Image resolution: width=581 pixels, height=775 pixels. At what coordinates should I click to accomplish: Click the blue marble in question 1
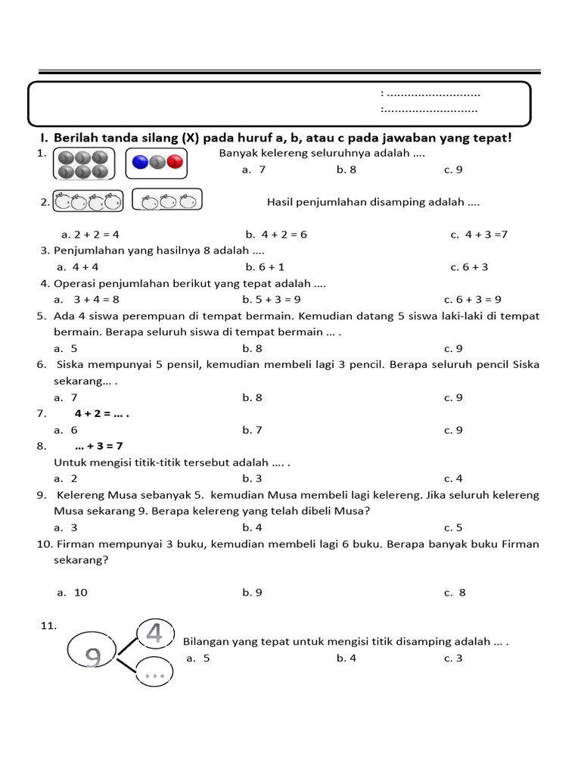141,161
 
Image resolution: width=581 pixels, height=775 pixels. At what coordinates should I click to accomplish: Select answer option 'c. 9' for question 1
453,170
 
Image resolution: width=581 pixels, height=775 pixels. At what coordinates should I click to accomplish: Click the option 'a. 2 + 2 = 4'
90,235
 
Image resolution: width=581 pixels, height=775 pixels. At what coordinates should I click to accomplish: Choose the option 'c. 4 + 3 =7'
479,235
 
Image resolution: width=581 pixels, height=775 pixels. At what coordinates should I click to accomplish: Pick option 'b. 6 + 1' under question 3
265,267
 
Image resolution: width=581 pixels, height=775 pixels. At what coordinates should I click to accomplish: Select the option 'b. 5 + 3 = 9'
272,300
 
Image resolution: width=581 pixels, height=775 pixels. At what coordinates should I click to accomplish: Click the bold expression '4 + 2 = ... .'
102,414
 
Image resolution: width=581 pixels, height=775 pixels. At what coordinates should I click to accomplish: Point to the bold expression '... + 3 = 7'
98,447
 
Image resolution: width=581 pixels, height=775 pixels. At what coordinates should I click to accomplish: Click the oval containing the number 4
155,633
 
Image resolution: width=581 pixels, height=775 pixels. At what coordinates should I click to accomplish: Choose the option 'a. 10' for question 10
73,593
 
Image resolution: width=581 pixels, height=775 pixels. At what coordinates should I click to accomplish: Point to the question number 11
48,625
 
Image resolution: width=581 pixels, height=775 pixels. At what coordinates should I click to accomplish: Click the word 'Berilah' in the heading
78,139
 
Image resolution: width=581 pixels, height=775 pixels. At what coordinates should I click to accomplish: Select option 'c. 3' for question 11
453,658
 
